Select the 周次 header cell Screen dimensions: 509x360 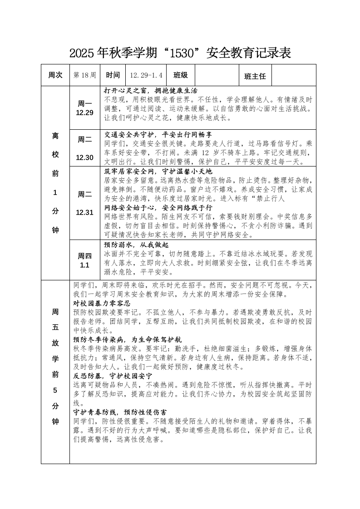tap(55, 75)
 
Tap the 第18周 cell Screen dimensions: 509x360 tap(84, 75)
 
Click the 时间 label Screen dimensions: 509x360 tap(113, 75)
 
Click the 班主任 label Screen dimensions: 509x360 tap(255, 76)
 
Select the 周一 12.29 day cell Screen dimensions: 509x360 tap(84, 108)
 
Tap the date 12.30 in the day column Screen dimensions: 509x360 tap(84, 157)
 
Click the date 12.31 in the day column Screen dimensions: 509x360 tap(84, 212)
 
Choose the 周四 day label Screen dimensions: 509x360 tap(85, 255)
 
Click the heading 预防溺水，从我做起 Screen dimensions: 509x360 tap(136, 244)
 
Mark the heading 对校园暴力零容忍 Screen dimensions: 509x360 tap(102, 303)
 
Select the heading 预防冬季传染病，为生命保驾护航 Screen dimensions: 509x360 tap(127, 339)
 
